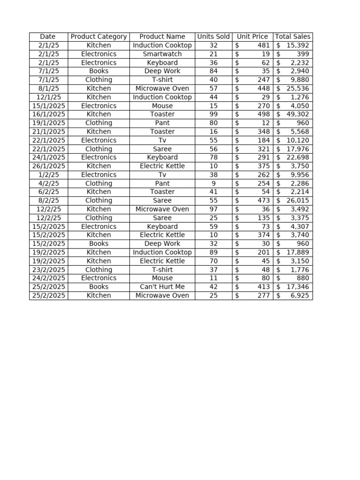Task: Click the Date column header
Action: click(48, 37)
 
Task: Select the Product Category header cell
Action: click(98, 37)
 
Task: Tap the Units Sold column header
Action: click(213, 37)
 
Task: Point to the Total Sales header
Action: click(293, 37)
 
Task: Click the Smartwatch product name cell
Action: click(162, 54)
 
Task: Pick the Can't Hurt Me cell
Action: click(162, 286)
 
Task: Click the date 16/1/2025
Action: click(49, 114)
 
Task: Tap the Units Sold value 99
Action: click(213, 114)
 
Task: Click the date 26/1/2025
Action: click(49, 166)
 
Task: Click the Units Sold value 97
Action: click(213, 209)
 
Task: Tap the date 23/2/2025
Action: click(49, 270)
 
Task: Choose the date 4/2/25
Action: click(49, 183)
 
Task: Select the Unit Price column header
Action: click(253, 37)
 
